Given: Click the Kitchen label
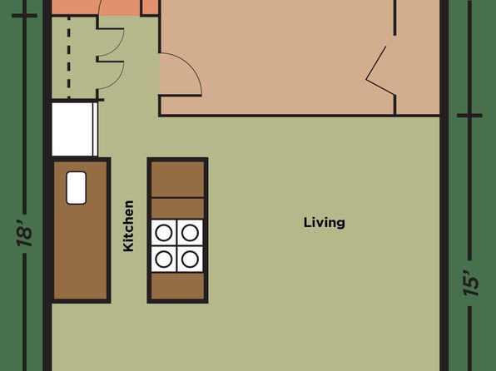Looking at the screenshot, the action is [128, 225].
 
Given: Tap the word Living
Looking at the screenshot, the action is [325, 222].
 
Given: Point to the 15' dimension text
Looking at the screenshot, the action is [471, 283].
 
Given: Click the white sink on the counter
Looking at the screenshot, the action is [77, 188].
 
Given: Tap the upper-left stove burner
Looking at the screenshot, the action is [164, 232].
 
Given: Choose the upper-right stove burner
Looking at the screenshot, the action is [190, 232].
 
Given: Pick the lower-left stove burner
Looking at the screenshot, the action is [164, 259].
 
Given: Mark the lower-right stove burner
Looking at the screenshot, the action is [190, 259].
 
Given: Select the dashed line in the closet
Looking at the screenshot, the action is [69, 57].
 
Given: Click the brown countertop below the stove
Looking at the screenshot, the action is [177, 285].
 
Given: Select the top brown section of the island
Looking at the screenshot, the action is [177, 179].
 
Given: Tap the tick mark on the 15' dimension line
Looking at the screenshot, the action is [469, 116].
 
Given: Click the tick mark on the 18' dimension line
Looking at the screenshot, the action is [24, 16].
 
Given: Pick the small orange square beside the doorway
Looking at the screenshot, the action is [149, 7].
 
